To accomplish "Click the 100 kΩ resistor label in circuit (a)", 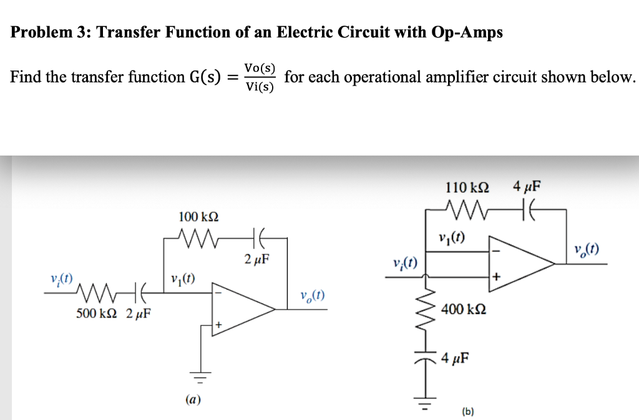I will tap(198, 217).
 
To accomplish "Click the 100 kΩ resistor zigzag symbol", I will tap(200, 238).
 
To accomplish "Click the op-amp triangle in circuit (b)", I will tap(518, 263).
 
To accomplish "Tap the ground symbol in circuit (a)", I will tap(202, 377).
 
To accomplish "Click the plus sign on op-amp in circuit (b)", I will tap(497, 275).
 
